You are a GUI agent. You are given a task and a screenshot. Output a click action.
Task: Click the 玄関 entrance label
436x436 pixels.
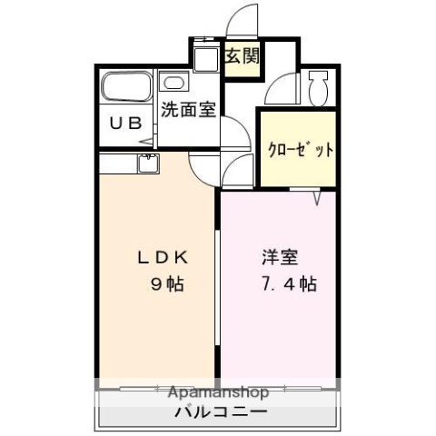pos(242,55)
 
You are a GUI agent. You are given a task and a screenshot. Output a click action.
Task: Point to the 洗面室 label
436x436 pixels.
pos(188,111)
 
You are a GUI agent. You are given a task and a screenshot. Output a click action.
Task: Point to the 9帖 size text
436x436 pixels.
pos(167,284)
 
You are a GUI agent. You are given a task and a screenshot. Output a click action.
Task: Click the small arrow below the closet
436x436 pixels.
pos(319,196)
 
